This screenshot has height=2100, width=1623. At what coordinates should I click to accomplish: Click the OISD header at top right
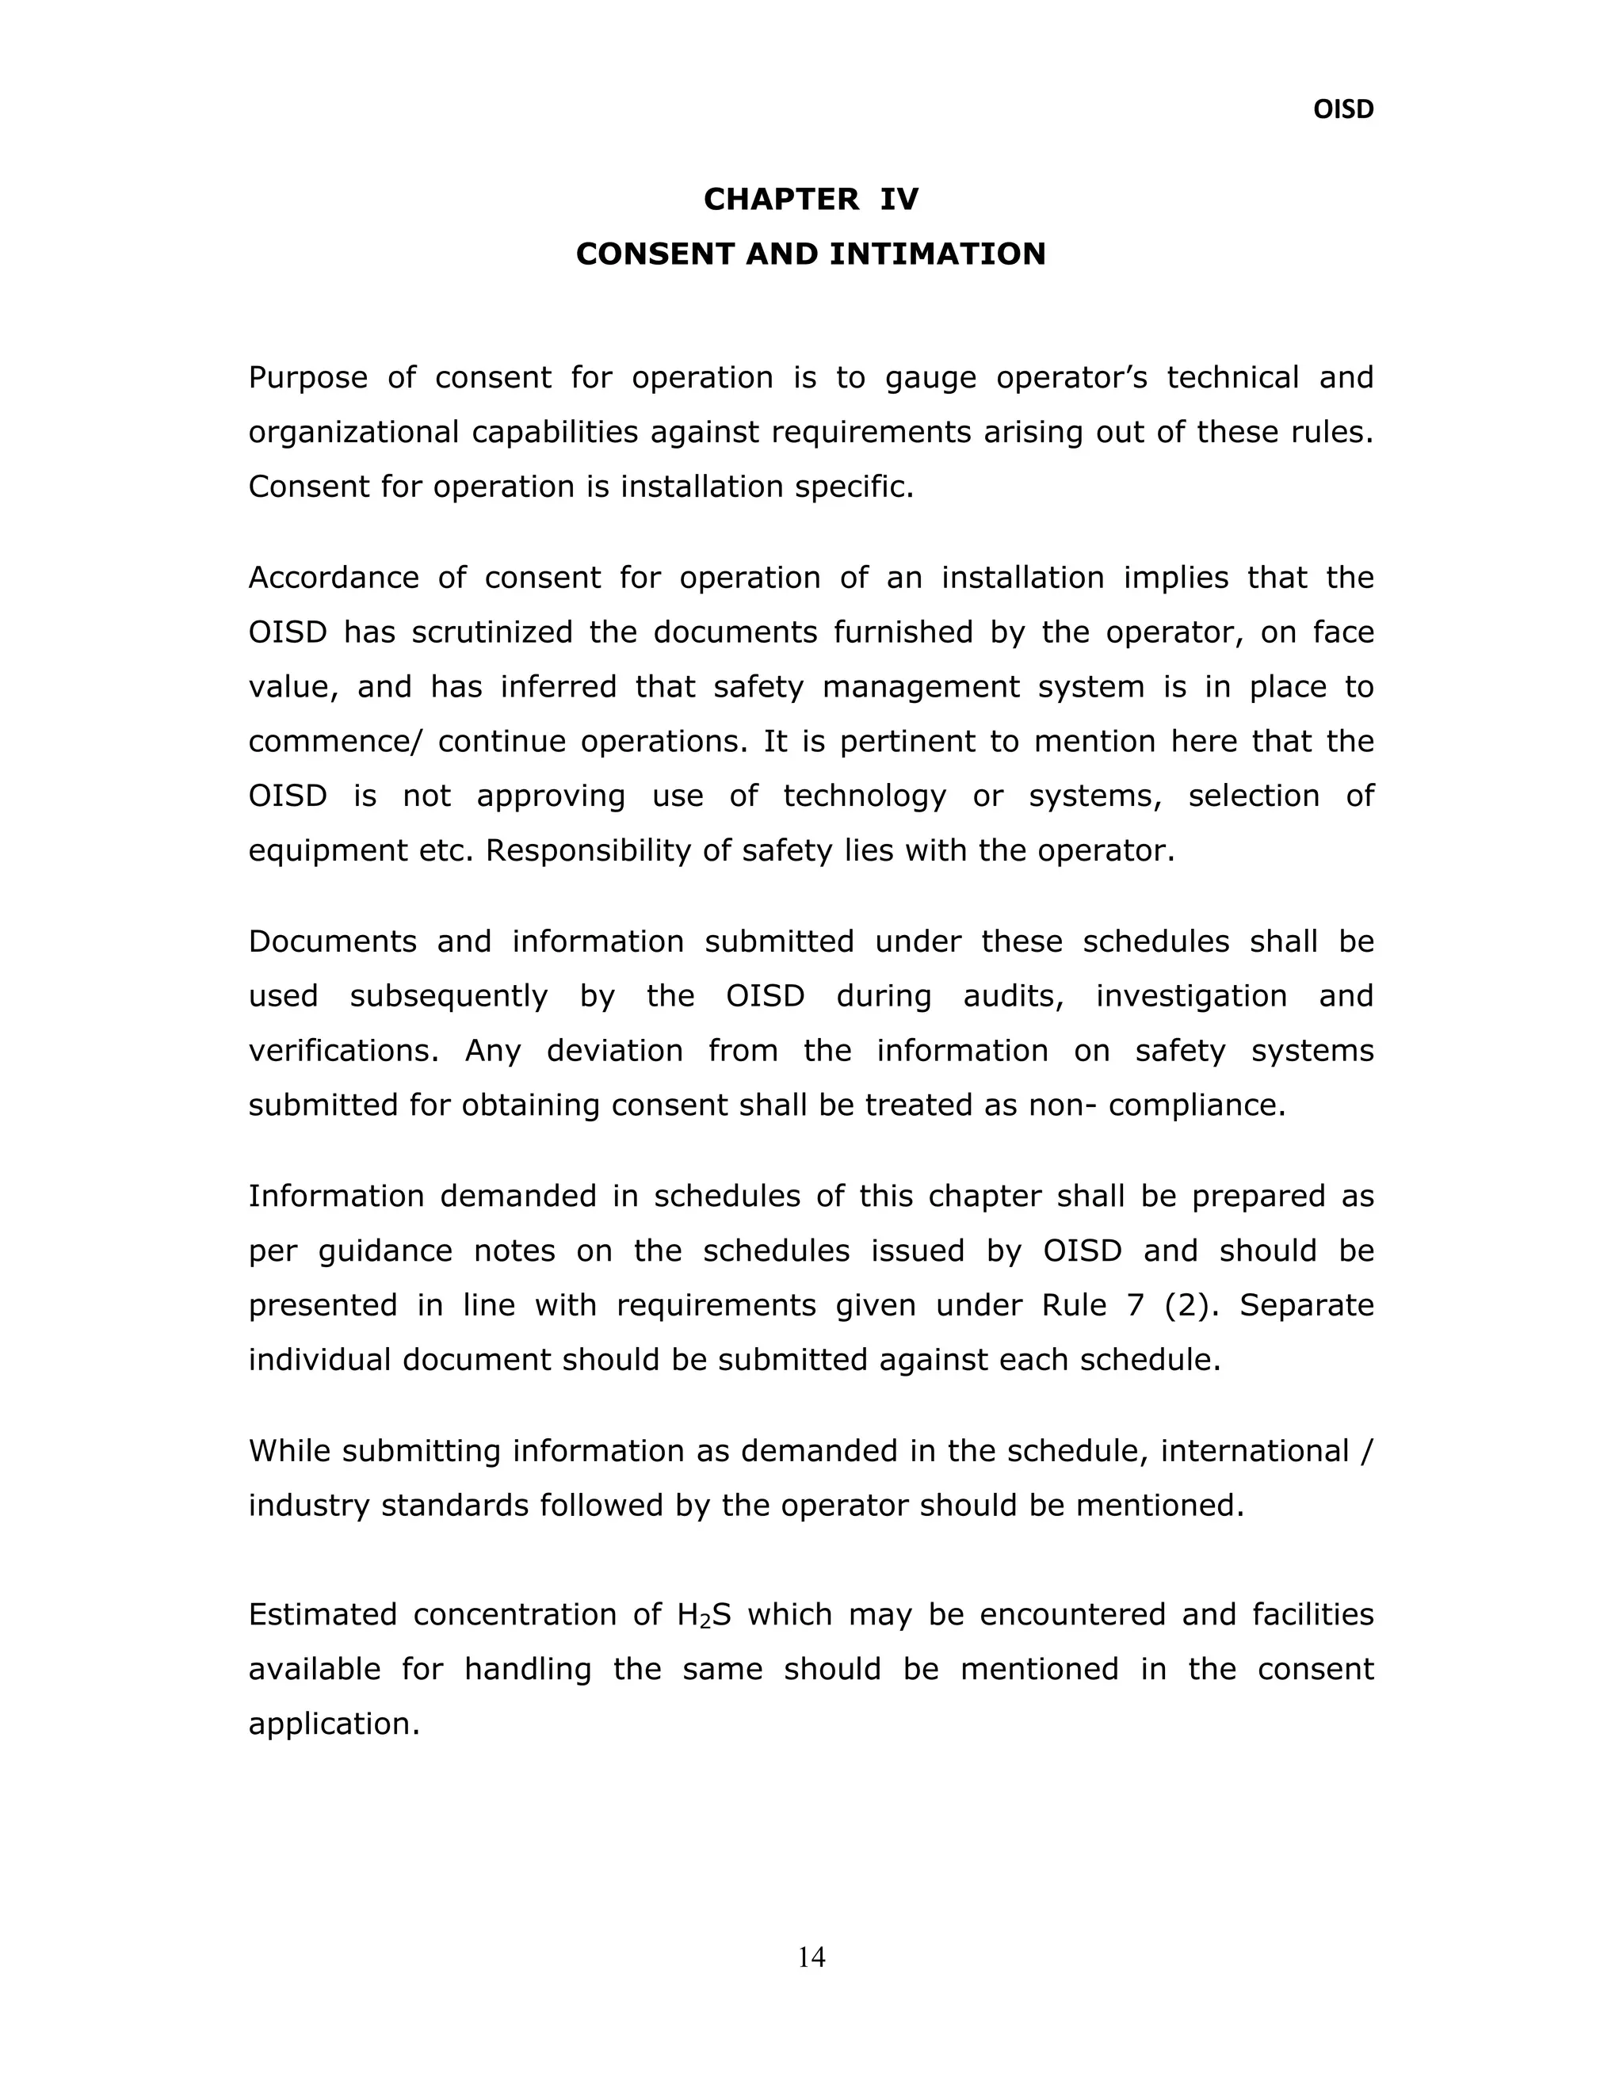pos(1343,109)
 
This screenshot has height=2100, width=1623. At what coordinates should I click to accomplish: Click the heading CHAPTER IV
pos(811,199)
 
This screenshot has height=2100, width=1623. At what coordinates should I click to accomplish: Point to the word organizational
pos(352,433)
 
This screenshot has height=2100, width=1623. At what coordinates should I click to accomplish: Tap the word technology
pos(865,796)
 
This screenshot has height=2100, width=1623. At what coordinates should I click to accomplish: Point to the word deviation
pos(614,1050)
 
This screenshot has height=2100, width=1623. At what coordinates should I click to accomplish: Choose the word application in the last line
pos(334,1724)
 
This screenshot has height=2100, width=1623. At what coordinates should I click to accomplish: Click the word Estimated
pos(322,1614)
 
